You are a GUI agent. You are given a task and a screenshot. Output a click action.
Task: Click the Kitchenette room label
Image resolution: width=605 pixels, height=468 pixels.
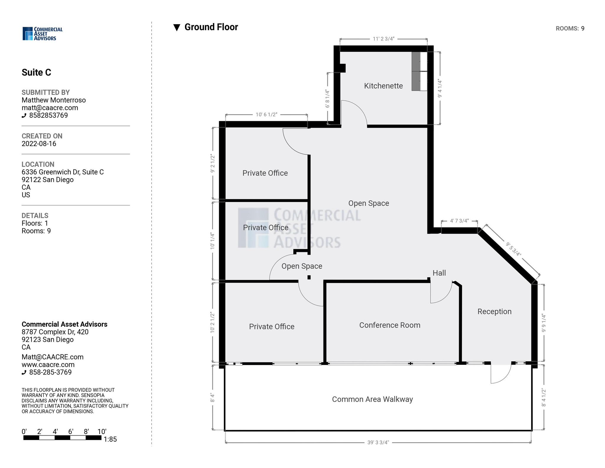[x=383, y=86]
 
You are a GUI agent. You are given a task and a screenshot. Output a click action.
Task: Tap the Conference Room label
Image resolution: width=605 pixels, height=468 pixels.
[x=390, y=325]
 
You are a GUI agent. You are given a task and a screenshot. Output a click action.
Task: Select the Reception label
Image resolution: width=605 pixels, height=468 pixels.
[x=494, y=312]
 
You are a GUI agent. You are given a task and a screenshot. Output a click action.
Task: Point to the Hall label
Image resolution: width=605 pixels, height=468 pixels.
[x=439, y=273]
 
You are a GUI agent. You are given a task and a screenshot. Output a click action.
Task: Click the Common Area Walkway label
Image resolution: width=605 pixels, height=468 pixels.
[x=372, y=399]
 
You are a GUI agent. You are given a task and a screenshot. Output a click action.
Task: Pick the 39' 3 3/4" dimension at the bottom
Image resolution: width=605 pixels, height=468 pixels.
[x=378, y=443]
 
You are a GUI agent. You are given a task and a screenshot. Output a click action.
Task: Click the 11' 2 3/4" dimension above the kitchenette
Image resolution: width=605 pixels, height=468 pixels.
[x=383, y=39]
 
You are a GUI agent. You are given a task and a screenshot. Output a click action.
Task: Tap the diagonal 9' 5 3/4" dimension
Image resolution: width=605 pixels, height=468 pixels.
[x=513, y=249]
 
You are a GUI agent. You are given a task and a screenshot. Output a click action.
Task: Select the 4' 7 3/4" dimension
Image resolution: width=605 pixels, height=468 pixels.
[x=459, y=221]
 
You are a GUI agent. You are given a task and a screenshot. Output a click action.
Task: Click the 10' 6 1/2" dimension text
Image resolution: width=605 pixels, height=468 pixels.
[x=266, y=114]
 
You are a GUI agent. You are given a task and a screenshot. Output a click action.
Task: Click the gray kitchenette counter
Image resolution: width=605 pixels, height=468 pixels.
[x=416, y=71]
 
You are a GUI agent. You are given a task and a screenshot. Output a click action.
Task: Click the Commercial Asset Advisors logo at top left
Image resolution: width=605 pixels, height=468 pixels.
[x=43, y=34]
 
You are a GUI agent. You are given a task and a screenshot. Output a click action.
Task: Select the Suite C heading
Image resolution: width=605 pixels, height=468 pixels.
[x=36, y=72]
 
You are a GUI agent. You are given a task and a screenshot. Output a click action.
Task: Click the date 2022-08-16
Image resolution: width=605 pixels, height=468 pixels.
[x=39, y=144]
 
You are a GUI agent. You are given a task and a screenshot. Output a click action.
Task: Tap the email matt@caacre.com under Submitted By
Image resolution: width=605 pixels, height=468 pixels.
[x=50, y=108]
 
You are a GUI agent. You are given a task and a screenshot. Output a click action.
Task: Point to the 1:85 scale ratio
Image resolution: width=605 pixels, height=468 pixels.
[x=110, y=439]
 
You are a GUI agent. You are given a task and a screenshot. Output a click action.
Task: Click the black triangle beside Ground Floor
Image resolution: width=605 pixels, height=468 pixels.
[x=177, y=28]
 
